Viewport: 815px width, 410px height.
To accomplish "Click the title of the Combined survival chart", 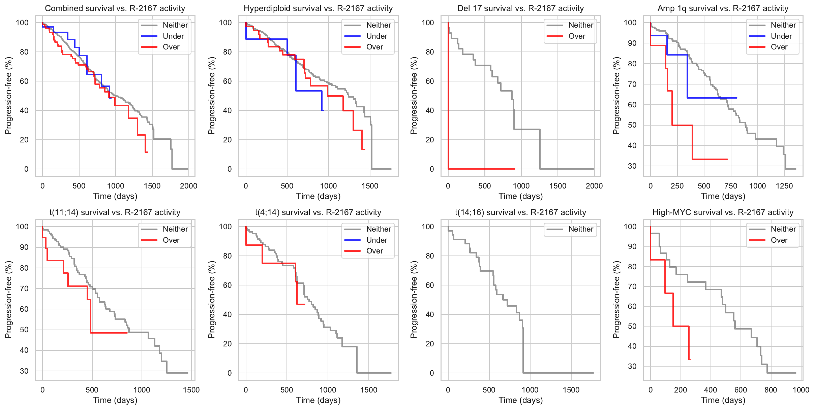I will pos(115,8).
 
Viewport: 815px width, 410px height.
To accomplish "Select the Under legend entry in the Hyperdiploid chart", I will pos(376,36).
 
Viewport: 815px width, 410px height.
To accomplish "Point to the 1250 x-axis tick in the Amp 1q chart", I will pos(784,186).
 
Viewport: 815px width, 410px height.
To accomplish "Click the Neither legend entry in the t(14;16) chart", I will pos(581,229).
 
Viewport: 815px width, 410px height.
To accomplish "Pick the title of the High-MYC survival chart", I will pos(723,212).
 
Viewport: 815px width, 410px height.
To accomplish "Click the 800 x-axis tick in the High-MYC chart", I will pos(771,390).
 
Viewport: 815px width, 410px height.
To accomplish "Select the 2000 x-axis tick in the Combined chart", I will pos(188,186).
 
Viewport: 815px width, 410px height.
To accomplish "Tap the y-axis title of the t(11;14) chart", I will pos(8,300).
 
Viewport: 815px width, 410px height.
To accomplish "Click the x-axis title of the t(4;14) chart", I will pos(318,400).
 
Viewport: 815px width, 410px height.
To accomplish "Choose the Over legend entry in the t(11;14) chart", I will pos(171,240).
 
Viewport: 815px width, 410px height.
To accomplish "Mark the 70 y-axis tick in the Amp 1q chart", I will pos(632,84).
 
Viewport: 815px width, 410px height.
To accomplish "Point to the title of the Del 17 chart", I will pos(520,8).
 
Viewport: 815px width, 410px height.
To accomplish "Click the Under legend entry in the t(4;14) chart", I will pos(376,240).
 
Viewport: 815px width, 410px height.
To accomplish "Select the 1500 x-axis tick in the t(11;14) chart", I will pos(191,390).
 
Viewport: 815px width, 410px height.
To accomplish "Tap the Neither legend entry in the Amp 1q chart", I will pos(783,25).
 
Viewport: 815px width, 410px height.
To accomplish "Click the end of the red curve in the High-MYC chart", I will pos(690,360).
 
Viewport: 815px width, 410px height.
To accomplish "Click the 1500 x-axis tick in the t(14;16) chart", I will pos(571,390).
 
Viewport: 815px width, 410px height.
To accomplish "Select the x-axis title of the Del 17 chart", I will pos(520,196).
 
